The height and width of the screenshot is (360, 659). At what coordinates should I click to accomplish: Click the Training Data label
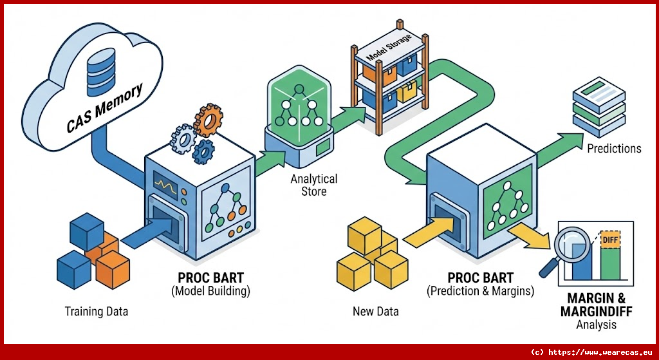97,312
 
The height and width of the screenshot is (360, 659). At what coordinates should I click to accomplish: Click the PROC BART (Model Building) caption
210,284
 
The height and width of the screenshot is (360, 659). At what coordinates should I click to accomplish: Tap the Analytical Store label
313,185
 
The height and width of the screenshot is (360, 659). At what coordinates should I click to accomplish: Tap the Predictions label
614,149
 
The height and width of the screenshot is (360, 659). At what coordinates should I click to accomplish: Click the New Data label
376,312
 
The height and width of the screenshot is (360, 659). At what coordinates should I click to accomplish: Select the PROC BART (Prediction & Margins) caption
480,284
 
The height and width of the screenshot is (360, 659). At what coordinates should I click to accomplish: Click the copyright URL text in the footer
592,352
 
